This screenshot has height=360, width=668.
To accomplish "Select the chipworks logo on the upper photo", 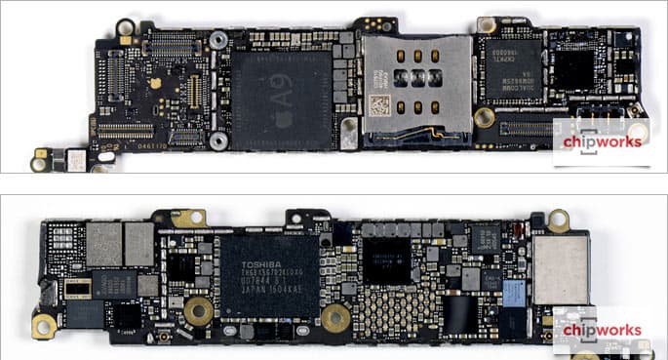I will click(598, 142).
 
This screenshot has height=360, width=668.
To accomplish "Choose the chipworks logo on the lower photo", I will click(598, 331).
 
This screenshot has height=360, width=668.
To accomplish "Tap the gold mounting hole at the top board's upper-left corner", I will click(126, 27).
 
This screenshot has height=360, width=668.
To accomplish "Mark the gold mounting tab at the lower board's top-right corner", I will click(558, 220).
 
